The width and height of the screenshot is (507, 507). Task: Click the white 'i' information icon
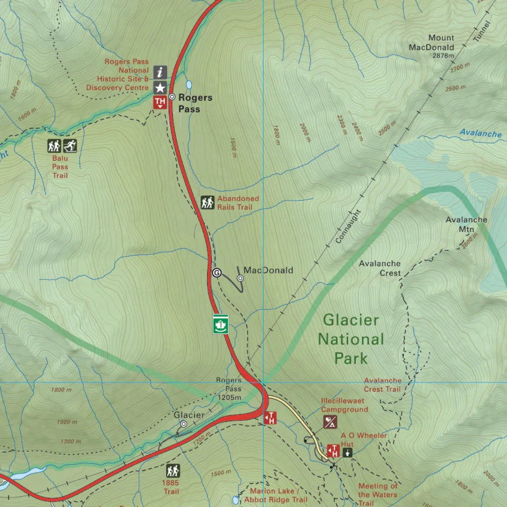tap(160, 71)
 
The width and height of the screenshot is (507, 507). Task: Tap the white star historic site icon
tap(160, 87)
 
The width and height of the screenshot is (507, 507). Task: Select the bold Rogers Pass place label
tap(195, 103)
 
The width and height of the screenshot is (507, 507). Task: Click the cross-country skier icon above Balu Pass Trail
tap(70, 146)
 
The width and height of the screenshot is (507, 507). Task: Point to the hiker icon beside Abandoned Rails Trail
tap(207, 203)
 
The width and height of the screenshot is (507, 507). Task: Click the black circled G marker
tap(216, 273)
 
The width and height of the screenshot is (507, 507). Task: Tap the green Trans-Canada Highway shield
tap(221, 324)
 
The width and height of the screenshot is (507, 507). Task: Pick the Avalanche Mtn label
tap(460, 225)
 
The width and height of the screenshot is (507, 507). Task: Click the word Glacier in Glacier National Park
tap(351, 320)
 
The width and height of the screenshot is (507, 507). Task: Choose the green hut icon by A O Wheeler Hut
tap(347, 452)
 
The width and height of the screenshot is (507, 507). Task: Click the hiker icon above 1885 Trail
tap(173, 470)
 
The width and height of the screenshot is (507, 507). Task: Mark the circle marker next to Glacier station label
tap(184, 424)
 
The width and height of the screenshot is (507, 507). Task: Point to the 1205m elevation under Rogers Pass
tap(230, 397)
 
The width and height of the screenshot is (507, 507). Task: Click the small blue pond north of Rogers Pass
tap(189, 84)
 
